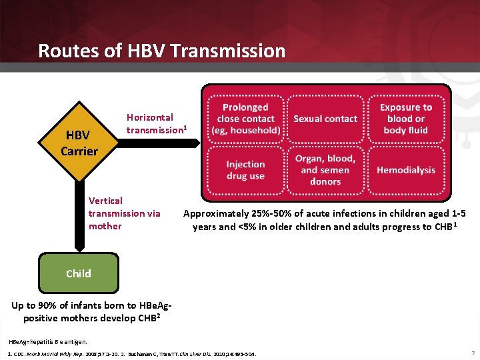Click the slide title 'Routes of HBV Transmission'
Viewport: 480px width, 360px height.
(x=161, y=51)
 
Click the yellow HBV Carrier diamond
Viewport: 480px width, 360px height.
(x=79, y=143)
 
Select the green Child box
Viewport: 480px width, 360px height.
(x=79, y=273)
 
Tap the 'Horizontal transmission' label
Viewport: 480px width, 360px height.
(x=156, y=123)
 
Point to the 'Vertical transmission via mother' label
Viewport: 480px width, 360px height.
(x=124, y=213)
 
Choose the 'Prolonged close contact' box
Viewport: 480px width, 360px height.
(x=245, y=119)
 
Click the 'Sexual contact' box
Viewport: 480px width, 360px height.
(x=325, y=119)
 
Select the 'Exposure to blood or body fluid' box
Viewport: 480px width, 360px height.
(x=405, y=119)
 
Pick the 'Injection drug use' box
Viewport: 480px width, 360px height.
(x=245, y=170)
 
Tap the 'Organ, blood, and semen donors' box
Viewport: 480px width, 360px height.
(x=325, y=170)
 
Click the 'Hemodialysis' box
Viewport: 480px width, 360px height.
(x=405, y=170)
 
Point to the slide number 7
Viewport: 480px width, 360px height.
(x=472, y=352)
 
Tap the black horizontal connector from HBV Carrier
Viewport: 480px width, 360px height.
(x=160, y=142)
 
